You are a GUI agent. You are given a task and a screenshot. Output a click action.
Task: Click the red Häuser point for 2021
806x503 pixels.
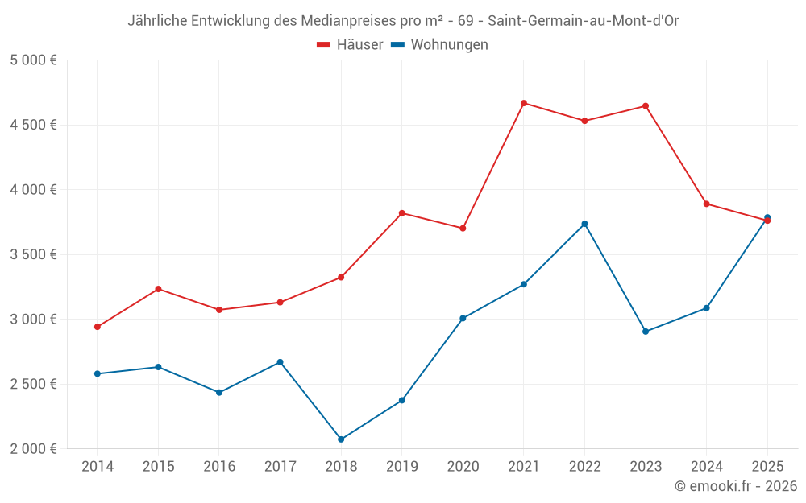point(524,103)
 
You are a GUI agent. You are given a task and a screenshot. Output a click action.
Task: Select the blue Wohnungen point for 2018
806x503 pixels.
point(341,439)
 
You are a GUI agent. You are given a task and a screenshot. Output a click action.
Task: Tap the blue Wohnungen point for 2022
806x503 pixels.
point(585,224)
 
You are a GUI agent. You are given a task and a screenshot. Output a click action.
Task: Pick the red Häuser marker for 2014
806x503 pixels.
point(98,327)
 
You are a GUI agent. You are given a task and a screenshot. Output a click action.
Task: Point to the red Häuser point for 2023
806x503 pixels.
point(646,106)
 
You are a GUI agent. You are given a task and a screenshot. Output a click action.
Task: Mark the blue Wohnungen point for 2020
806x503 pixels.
point(463,318)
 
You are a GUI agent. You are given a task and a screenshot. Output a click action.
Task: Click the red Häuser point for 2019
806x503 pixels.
point(402,213)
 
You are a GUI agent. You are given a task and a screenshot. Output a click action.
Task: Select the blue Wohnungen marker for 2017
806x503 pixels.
point(280,362)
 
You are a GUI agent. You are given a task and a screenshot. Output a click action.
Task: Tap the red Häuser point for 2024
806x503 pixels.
point(707,204)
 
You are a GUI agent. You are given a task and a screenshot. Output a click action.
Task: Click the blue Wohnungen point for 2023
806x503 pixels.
point(646,332)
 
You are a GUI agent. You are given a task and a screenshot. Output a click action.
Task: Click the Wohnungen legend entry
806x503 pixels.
point(440,45)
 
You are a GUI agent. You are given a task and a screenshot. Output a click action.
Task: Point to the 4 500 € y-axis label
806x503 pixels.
point(33,125)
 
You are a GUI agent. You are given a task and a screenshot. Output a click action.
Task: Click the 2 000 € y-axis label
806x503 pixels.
point(33,448)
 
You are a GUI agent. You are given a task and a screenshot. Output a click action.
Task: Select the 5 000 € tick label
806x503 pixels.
point(33,60)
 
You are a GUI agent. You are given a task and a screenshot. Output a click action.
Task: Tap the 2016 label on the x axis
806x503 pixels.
point(219,467)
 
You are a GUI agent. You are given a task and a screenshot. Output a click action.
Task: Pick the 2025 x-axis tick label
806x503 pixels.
point(767,467)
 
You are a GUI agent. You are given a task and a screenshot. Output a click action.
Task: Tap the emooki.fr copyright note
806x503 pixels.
point(735,486)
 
